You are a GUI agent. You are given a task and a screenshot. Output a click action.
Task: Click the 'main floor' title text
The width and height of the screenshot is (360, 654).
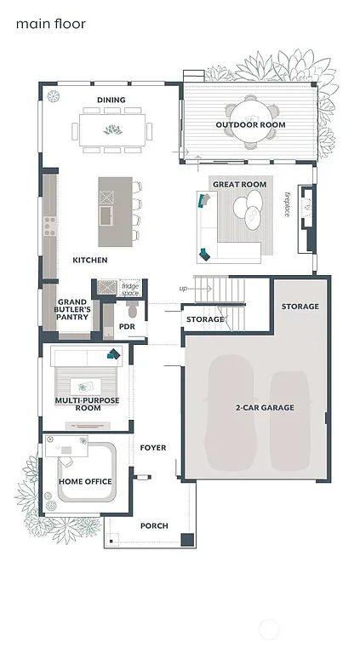pos(50,25)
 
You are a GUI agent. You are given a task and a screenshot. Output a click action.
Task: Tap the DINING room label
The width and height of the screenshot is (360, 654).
pos(111,100)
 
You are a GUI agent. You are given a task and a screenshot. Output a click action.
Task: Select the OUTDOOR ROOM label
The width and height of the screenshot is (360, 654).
pos(250,125)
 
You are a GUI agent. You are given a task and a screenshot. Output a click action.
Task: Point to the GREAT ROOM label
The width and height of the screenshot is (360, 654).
pos(239,185)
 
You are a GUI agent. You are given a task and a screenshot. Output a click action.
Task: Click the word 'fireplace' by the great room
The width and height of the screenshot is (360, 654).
pos(287,204)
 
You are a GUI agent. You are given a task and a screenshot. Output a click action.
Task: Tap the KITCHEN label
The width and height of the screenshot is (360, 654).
pos(89,260)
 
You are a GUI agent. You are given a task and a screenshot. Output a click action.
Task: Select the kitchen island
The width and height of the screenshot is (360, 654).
pos(115,212)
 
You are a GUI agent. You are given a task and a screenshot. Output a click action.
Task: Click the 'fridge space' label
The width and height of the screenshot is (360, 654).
pos(129,290)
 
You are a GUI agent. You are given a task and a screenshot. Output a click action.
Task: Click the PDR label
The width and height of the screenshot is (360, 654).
pos(128,326)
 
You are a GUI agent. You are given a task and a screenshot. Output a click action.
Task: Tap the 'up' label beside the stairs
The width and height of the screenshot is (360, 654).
pos(183,289)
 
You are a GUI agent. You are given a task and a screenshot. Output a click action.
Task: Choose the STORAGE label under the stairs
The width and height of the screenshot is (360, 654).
pos(205,320)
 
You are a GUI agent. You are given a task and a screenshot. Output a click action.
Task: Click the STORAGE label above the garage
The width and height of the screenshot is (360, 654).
pos(300,307)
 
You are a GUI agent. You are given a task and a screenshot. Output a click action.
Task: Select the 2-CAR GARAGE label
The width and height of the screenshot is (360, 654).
pos(265,408)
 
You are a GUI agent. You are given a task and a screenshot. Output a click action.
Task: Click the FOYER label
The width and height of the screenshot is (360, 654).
pos(153,448)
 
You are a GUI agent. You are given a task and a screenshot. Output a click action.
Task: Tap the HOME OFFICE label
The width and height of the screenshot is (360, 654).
pos(85,482)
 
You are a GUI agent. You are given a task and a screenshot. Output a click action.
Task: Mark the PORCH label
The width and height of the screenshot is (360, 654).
pos(154,525)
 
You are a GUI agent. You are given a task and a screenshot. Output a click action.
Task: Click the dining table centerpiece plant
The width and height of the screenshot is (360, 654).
pos(111,130)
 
